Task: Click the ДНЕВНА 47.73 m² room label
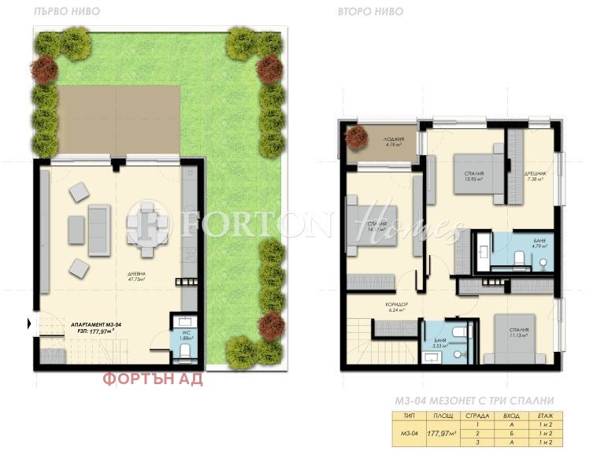click(x=138, y=277)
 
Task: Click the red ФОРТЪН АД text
click(x=153, y=379)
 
